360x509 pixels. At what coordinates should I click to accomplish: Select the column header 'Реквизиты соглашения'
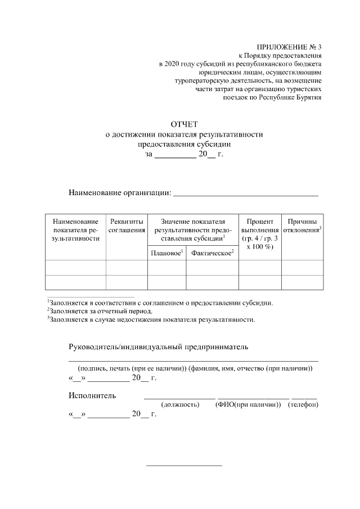127,226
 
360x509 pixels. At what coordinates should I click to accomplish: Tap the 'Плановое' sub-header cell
167,254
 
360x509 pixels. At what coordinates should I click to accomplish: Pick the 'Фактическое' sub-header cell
212,254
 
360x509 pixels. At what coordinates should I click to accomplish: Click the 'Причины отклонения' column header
302,226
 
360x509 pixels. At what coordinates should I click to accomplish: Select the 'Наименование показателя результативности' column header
76,230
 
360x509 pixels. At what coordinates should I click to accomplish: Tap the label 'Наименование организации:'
120,193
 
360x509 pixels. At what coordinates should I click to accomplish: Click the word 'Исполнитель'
92,395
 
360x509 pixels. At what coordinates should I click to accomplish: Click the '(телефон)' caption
303,405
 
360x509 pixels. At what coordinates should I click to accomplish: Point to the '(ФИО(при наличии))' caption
247,405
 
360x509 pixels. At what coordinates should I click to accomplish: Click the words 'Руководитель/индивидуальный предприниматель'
158,347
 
